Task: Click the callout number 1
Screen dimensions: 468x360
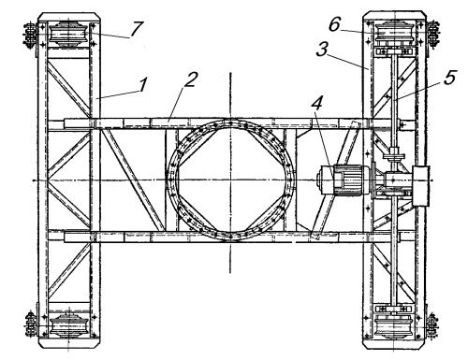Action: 142,85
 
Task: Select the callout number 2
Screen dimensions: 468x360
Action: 191,79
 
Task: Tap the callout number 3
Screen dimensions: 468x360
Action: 322,50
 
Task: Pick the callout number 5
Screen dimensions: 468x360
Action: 449,78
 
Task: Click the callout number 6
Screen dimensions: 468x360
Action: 334,24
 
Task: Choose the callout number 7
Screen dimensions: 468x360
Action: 137,29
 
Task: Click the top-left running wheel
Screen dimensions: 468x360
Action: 68,34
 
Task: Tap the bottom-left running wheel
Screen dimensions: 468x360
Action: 69,325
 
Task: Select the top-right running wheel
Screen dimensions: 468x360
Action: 395,32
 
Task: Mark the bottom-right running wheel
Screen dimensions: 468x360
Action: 395,327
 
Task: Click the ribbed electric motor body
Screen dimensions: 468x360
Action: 348,180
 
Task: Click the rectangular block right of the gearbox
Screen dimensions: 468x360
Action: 421,186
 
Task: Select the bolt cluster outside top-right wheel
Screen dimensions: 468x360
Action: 433,34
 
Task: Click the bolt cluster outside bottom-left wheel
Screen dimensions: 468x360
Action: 31,324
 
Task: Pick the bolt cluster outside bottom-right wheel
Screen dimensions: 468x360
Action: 432,326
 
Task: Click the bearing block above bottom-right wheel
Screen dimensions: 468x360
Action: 395,309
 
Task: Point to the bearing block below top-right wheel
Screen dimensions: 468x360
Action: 395,51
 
